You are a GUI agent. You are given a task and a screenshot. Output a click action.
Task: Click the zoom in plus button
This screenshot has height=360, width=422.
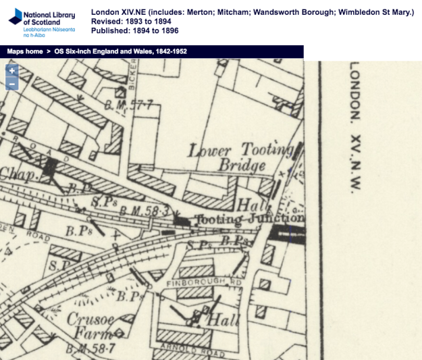tap(11, 70)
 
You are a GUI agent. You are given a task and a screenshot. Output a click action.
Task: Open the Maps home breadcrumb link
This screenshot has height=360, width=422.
tap(25, 51)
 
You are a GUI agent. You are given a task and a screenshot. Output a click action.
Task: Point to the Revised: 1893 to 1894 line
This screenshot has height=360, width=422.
tap(131, 22)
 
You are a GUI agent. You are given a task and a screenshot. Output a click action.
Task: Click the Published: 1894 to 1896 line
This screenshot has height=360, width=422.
tap(135, 30)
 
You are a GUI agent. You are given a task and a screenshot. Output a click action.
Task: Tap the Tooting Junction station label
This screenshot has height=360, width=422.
tap(248, 219)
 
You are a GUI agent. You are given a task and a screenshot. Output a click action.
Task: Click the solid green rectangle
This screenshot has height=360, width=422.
tap(363, 46)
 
